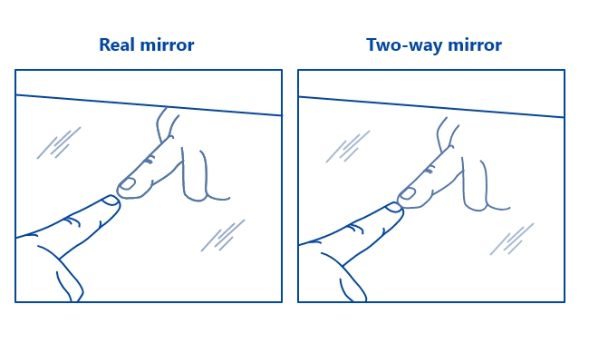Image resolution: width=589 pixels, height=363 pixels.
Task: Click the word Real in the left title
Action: (117, 44)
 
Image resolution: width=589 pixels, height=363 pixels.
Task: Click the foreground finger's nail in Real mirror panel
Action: (111, 201)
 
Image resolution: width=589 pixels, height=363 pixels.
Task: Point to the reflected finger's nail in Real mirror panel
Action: (128, 184)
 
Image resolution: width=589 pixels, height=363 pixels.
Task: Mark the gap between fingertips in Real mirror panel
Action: (119, 193)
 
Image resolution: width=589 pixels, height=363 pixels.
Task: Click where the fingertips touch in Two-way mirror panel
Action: (401, 200)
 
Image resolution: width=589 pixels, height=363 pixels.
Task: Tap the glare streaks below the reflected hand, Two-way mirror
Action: (510, 238)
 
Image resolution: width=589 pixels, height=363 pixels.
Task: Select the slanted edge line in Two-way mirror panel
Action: (431, 106)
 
